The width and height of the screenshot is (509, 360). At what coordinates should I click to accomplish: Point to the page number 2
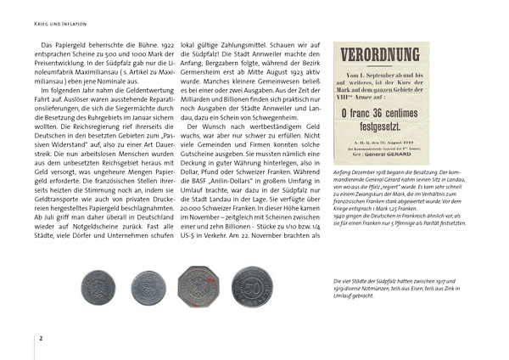40,339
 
